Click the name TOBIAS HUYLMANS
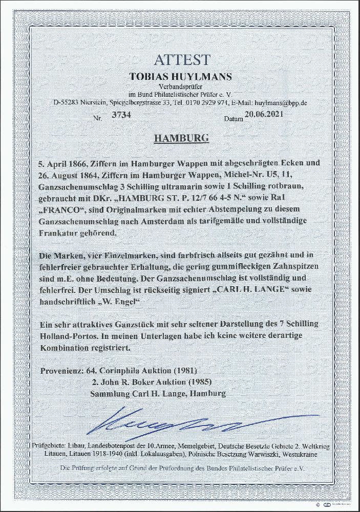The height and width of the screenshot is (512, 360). (x=180, y=76)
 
